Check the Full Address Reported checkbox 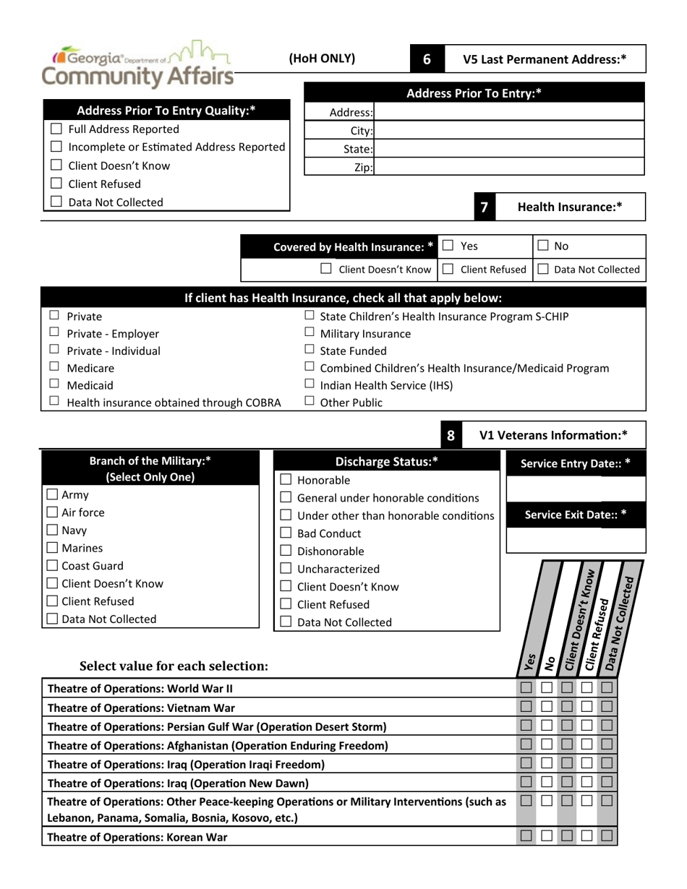[x=56, y=130]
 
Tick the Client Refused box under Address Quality [x=56, y=184]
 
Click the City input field [x=509, y=131]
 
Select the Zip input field [x=509, y=167]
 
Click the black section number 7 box [x=484, y=207]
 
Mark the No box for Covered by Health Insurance [x=543, y=246]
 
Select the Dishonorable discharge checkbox [x=286, y=551]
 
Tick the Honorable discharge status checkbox [x=286, y=481]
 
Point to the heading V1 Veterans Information [x=553, y=435]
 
